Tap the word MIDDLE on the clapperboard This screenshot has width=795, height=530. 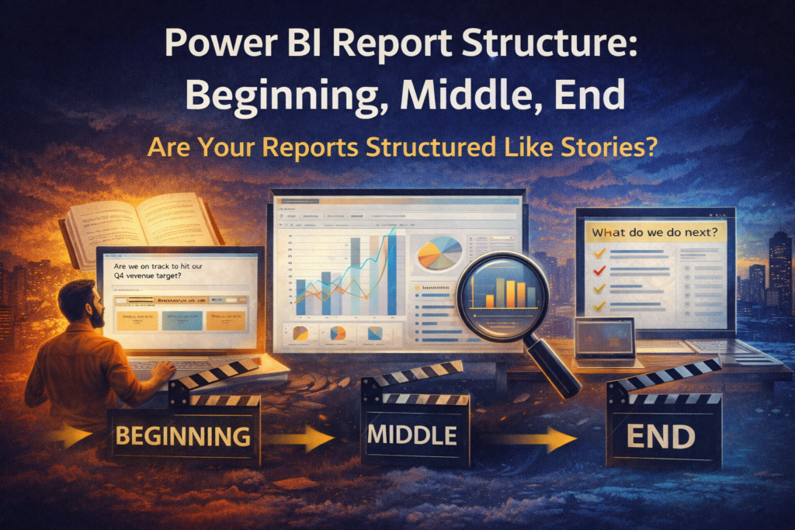[411, 434]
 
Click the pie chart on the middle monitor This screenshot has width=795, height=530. [439, 254]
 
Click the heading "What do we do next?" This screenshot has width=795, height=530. [653, 231]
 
